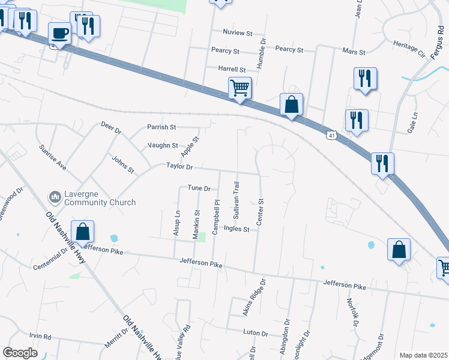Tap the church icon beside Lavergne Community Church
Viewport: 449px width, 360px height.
click(54, 197)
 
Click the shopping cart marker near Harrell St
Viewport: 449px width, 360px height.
click(240, 88)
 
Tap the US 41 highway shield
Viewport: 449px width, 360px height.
click(331, 136)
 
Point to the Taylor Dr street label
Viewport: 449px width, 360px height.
click(179, 167)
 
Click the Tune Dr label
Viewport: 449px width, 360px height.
click(199, 188)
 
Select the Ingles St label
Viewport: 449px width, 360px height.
click(236, 229)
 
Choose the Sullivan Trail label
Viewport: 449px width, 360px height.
click(237, 196)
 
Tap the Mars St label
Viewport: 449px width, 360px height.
click(354, 52)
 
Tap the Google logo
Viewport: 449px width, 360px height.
click(20, 352)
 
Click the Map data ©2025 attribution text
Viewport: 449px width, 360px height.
click(423, 355)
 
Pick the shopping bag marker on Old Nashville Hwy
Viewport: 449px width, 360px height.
click(82, 232)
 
